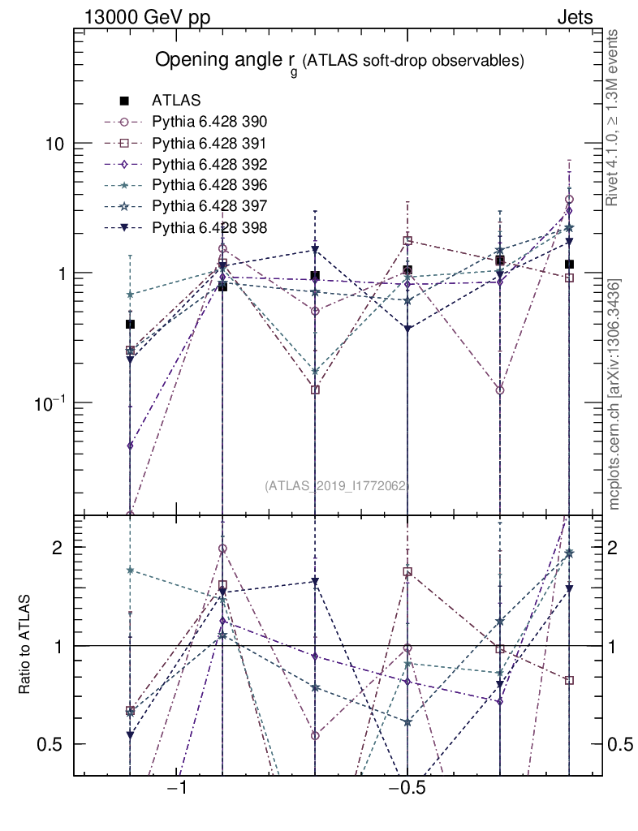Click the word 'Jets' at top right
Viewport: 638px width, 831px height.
[575, 17]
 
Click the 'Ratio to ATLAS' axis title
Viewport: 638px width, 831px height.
[26, 645]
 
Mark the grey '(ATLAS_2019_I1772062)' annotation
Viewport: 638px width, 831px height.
[338, 486]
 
